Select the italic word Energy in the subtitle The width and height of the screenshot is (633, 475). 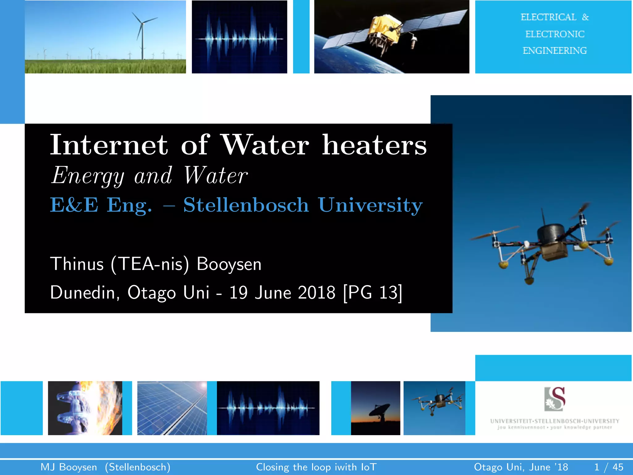pos(88,176)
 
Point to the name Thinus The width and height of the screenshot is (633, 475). pos(77,264)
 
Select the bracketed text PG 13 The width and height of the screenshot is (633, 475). pos(373,292)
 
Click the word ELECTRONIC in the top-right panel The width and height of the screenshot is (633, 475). pos(555,34)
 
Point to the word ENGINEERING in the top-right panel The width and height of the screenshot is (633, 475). pos(555,50)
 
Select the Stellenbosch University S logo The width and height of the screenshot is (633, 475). pos(555,399)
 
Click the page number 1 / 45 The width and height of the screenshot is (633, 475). pos(609,467)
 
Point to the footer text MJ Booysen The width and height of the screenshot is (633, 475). pos(69,467)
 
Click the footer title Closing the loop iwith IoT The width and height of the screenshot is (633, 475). pos(316,467)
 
